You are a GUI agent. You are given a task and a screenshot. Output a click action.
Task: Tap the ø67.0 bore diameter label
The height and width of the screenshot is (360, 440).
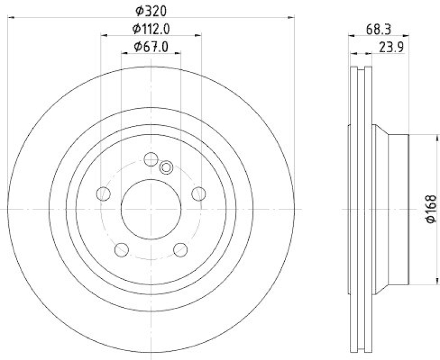pyautogui.click(x=151, y=47)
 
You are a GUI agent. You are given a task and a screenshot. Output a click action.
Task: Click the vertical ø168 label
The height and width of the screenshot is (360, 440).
pyautogui.click(x=431, y=209)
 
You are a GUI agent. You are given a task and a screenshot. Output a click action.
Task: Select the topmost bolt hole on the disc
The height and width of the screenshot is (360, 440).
pyautogui.click(x=151, y=159)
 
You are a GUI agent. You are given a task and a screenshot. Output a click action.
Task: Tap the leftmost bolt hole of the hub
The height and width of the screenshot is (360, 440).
pyautogui.click(x=103, y=193)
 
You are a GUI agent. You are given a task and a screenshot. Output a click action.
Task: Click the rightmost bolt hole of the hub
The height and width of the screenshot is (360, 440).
pyautogui.click(x=199, y=193)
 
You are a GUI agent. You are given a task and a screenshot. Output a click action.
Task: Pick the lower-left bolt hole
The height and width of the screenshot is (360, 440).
pyautogui.click(x=121, y=250)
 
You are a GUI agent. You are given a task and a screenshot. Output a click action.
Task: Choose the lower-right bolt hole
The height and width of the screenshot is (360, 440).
pyautogui.click(x=180, y=250)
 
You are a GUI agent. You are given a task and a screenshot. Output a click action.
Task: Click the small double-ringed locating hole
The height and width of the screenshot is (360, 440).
pyautogui.click(x=166, y=167)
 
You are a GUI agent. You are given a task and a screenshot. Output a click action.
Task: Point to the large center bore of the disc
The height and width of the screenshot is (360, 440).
pyautogui.click(x=151, y=209)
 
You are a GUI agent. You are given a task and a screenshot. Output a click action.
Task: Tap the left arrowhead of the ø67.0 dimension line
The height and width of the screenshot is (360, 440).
pyautogui.click(x=123, y=53)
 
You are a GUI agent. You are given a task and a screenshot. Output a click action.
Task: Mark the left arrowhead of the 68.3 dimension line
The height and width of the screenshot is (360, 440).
pyautogui.click(x=352, y=36)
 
